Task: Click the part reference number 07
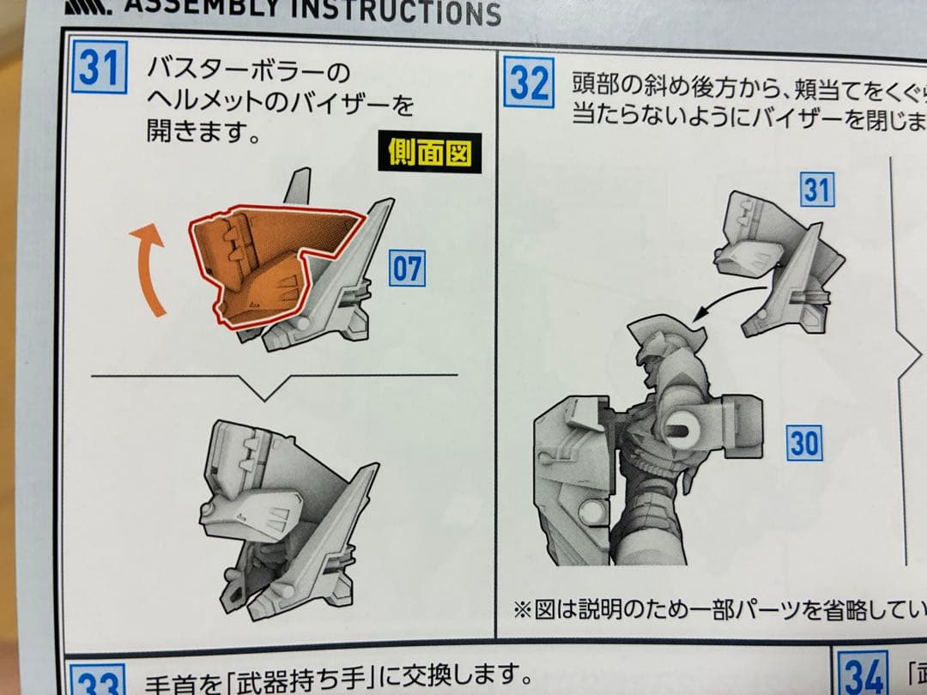[x=407, y=269]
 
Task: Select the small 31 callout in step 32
[x=816, y=190]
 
